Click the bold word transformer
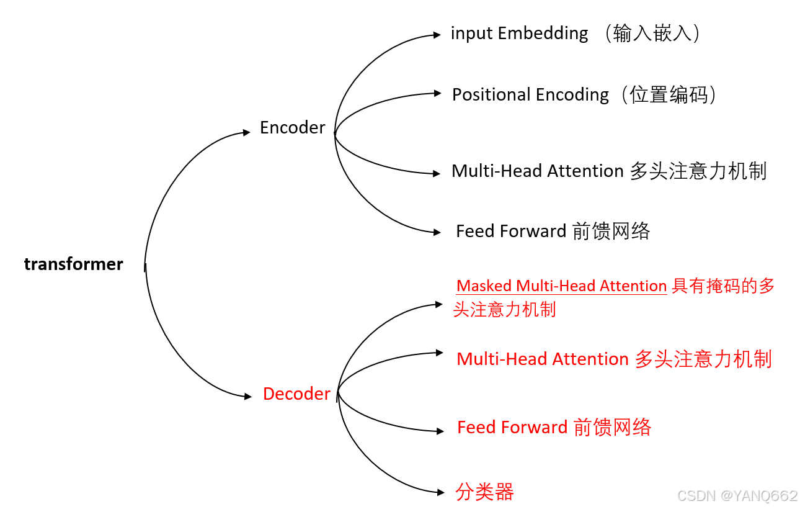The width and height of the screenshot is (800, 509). (73, 264)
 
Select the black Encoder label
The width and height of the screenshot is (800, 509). (292, 127)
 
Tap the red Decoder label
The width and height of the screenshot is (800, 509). (296, 394)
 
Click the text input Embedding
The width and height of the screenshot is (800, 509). (519, 33)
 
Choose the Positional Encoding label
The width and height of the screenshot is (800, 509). (530, 94)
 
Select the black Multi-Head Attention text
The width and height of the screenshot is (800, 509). (537, 171)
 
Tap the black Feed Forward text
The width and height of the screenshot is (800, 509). (511, 231)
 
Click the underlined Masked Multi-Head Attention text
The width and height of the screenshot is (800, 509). (561, 286)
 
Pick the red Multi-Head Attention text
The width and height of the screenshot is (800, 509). (543, 359)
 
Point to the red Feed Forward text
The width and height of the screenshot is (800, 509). (512, 427)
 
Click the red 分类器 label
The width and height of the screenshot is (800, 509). (484, 492)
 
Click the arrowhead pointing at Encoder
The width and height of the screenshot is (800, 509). (247, 132)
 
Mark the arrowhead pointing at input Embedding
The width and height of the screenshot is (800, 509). (437, 35)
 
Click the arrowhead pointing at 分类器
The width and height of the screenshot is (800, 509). (441, 493)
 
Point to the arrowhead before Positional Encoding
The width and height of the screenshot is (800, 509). (437, 94)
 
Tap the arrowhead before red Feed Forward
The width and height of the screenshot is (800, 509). (440, 430)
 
